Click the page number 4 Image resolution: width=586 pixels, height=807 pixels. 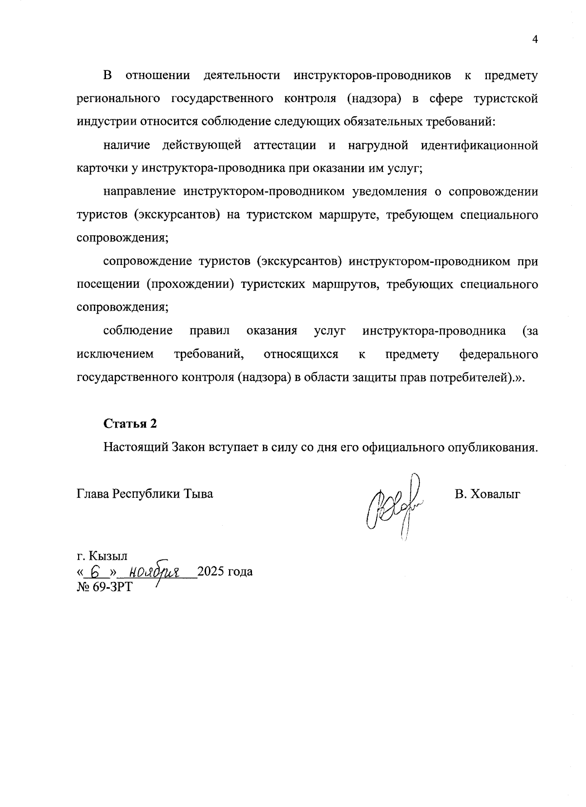click(x=535, y=40)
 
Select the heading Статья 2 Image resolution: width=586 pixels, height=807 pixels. click(x=130, y=424)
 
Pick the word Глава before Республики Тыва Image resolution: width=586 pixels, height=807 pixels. click(x=93, y=494)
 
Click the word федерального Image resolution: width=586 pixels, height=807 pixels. click(x=499, y=354)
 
